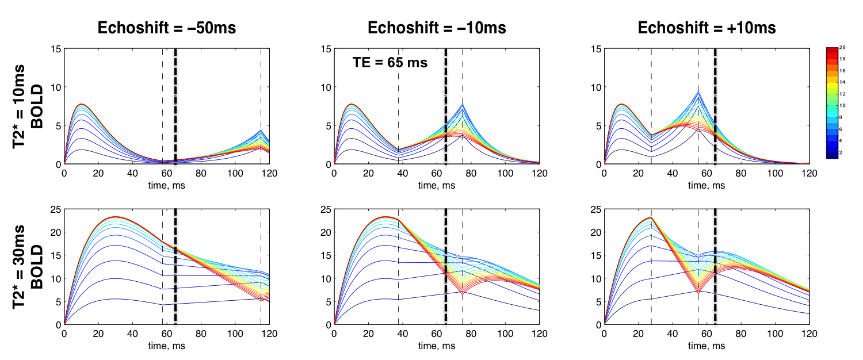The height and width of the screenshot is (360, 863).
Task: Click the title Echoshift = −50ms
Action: click(x=166, y=28)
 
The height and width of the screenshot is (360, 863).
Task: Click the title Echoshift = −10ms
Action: click(x=437, y=28)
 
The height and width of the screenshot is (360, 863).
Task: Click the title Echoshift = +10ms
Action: click(x=707, y=28)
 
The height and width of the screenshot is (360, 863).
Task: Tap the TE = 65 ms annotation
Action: click(x=390, y=63)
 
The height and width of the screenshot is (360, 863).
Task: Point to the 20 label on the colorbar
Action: click(x=844, y=49)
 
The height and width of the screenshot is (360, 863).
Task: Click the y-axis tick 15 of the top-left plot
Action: click(x=55, y=49)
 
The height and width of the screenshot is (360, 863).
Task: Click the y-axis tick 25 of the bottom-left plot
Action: click(x=55, y=210)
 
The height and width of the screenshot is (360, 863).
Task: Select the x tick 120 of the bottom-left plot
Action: click(x=269, y=334)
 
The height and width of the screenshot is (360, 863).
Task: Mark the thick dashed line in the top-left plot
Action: click(x=175, y=106)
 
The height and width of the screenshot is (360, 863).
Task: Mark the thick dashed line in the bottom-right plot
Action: click(x=715, y=267)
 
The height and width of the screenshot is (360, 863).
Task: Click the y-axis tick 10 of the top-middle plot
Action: click(x=326, y=87)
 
